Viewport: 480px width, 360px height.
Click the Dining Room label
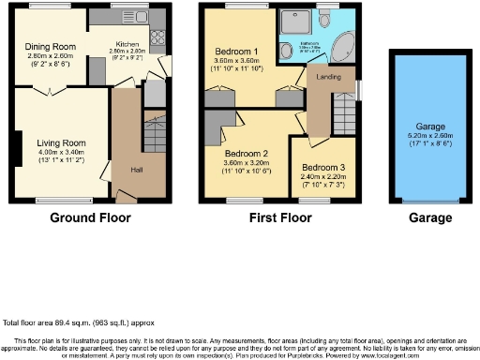point(51,46)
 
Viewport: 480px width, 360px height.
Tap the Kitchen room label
point(127,44)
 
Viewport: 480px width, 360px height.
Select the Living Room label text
point(55,143)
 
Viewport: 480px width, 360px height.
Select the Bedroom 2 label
point(247,153)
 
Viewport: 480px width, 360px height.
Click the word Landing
point(329,76)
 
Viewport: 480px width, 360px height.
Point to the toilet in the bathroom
point(325,21)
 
